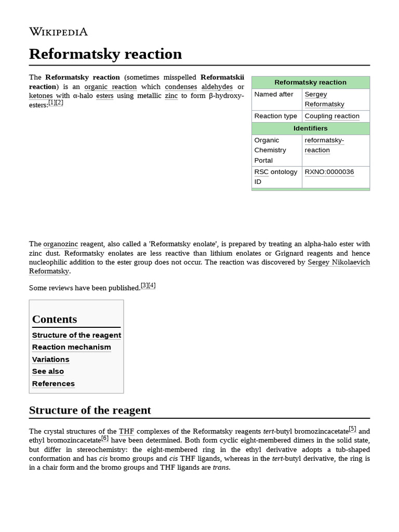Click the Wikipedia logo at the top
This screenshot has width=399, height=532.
click(58, 32)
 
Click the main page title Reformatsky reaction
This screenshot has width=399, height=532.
click(105, 54)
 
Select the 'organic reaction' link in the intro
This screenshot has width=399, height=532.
click(110, 87)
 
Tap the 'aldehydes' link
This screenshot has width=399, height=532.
click(217, 87)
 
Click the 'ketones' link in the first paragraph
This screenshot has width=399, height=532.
click(41, 96)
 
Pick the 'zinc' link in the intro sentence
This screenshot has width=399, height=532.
click(171, 96)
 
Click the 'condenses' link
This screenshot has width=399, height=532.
click(181, 87)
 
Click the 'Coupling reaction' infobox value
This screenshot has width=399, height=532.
click(331, 116)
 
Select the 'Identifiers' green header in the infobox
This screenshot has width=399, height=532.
click(310, 128)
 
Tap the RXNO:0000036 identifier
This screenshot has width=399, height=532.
click(329, 171)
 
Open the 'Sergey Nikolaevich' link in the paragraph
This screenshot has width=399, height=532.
click(339, 262)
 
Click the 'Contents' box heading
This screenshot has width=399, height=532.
click(55, 319)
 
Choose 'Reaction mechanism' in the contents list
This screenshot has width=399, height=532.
click(71, 347)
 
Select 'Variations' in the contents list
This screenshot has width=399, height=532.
click(50, 359)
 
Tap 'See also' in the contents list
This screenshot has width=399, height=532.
click(48, 371)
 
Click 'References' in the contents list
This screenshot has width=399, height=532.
click(53, 383)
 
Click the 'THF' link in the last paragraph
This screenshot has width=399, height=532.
click(126, 431)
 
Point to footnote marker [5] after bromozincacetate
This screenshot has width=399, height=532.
click(352, 429)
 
